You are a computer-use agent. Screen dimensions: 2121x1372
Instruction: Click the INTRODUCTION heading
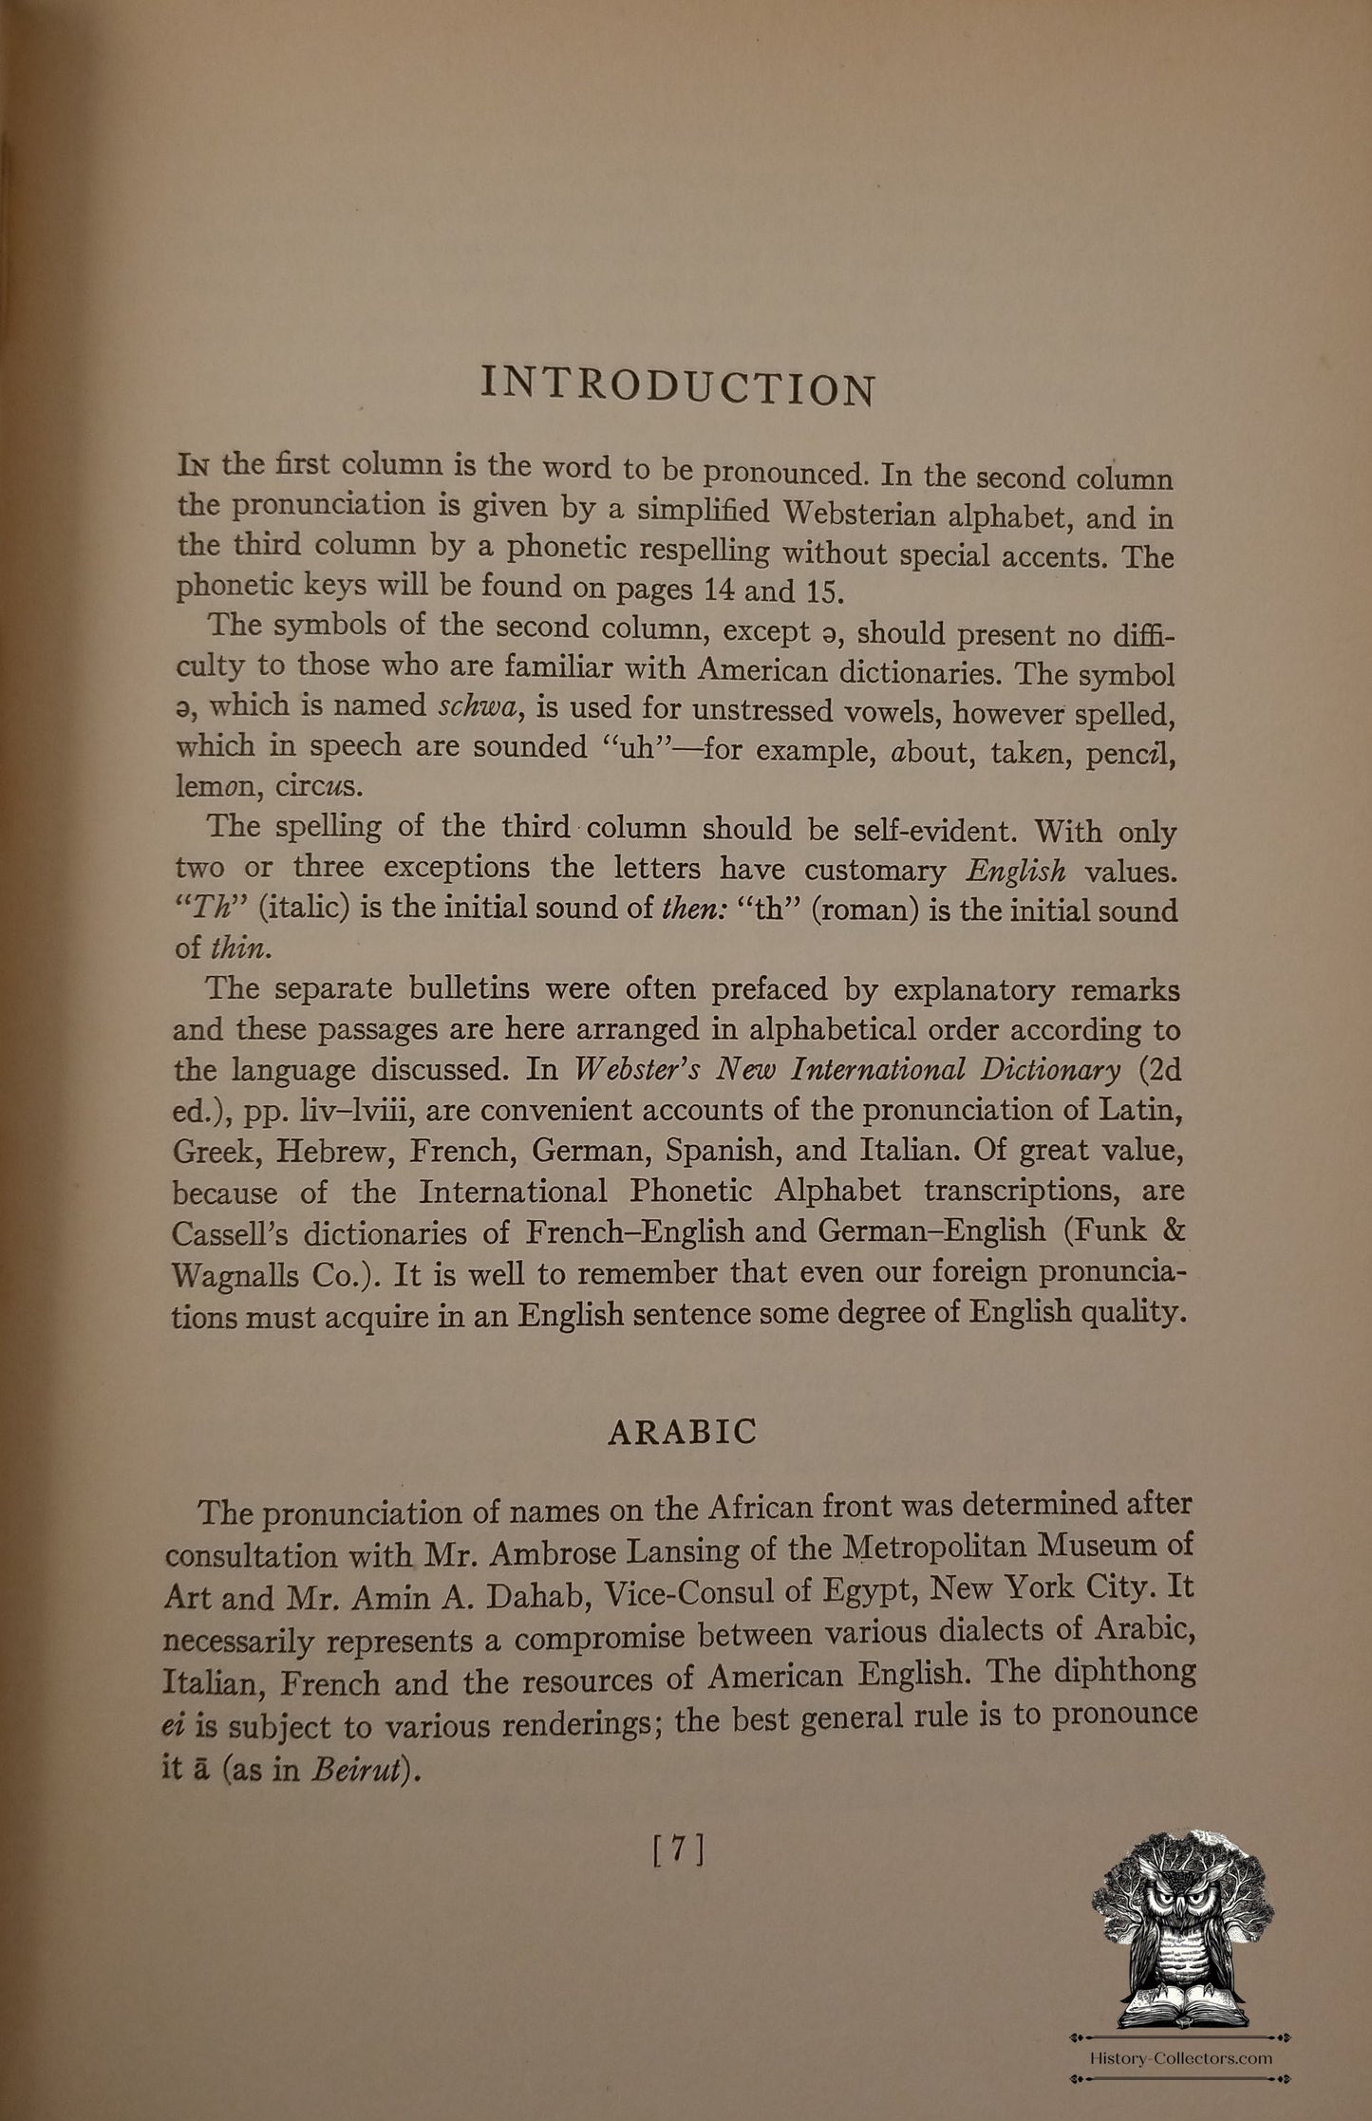[678, 387]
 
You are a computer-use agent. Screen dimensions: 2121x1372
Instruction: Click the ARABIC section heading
[682, 1431]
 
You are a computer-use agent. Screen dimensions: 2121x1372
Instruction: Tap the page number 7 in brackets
[679, 1850]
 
